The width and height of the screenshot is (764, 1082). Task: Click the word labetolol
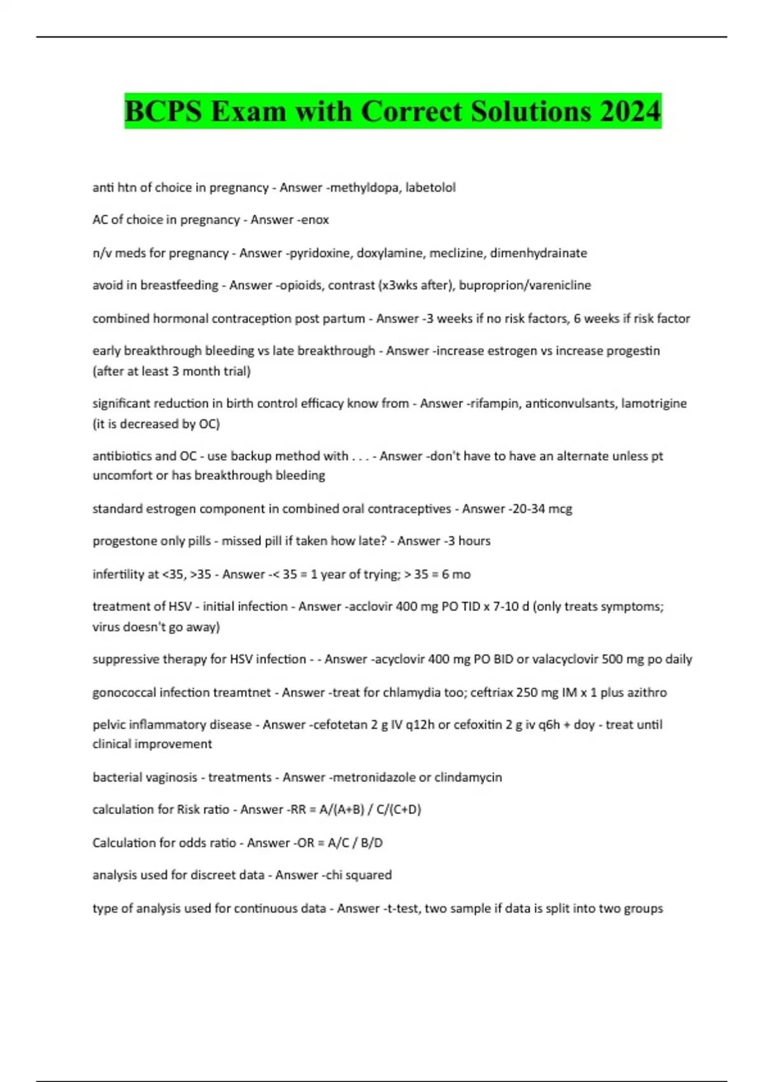431,188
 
